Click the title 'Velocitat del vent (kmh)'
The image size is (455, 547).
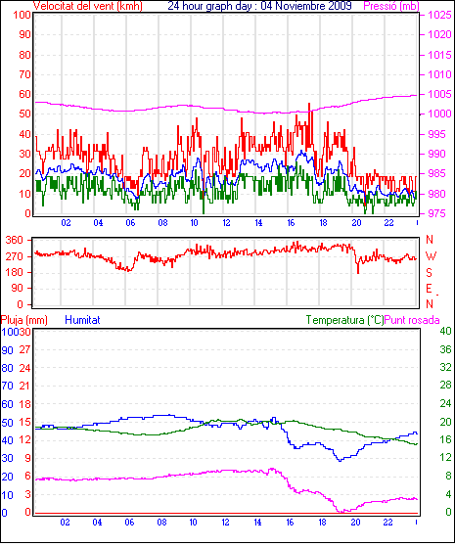click(x=88, y=6)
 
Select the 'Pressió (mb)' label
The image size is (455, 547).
click(x=391, y=6)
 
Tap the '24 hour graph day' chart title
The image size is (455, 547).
click(x=209, y=6)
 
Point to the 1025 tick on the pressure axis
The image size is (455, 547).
click(x=439, y=15)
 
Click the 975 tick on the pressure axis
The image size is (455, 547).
click(x=437, y=213)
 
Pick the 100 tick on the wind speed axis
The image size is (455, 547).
click(x=23, y=15)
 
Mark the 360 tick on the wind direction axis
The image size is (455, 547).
click(x=15, y=240)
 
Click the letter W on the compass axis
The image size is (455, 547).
click(x=431, y=256)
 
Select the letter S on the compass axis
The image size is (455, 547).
click(x=430, y=272)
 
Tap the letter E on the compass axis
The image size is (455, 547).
click(x=430, y=288)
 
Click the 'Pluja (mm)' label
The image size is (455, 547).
click(x=24, y=320)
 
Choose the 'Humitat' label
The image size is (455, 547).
click(x=82, y=320)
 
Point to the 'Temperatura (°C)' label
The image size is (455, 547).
click(x=344, y=320)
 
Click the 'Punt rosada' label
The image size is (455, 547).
click(x=412, y=320)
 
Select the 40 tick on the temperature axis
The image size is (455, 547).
click(x=445, y=331)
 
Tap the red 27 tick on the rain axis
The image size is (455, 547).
click(x=24, y=350)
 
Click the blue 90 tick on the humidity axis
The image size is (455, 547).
click(x=7, y=350)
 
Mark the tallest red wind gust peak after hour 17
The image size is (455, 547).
click(x=309, y=104)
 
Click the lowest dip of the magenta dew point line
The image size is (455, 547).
click(x=341, y=512)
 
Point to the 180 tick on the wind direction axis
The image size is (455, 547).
click(x=15, y=272)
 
